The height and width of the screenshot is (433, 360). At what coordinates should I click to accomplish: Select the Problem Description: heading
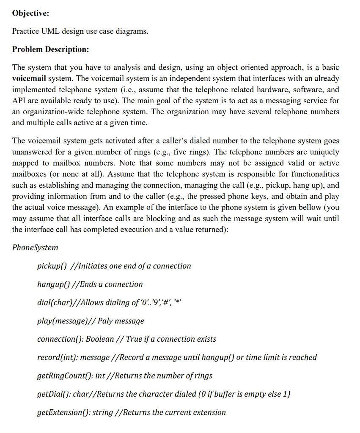pos(50,49)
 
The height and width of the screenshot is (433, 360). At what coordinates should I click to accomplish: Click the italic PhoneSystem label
pos(35,247)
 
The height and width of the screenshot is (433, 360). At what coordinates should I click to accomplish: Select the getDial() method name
pos(53,394)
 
